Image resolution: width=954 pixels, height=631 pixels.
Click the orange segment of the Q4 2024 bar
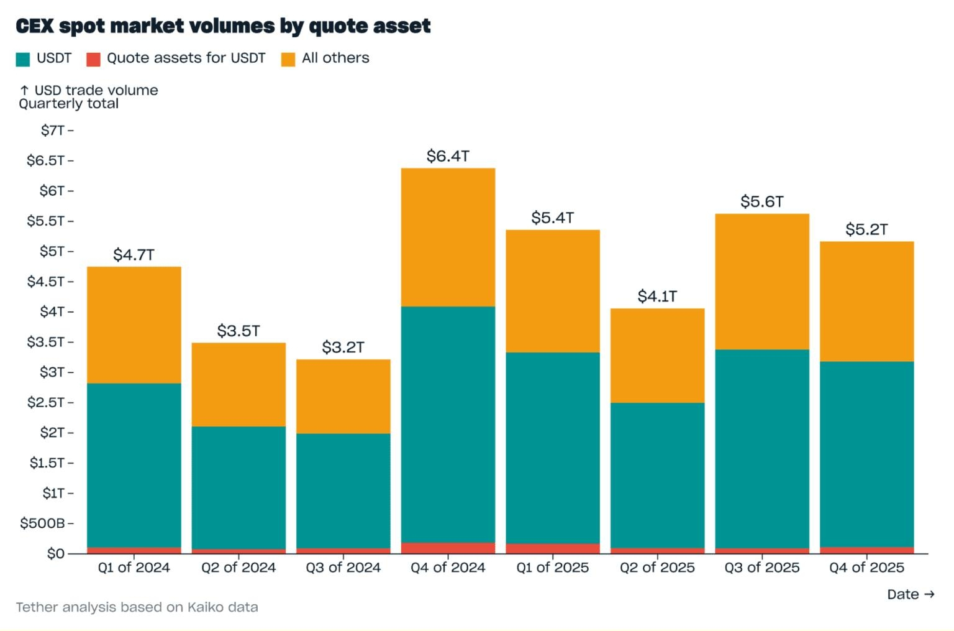tap(448, 237)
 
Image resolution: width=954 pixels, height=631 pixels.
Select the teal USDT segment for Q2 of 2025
tap(657, 475)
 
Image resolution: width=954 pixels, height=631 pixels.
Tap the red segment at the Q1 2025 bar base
tap(553, 548)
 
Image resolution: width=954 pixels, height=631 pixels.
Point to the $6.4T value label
tap(448, 156)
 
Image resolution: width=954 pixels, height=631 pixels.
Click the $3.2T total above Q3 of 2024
tap(343, 347)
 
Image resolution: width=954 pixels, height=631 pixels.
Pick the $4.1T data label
tap(657, 296)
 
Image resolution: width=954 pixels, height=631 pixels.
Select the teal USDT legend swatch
tap(23, 59)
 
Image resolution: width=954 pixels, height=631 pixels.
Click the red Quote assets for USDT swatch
tap(93, 59)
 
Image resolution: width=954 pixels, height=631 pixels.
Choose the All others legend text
tap(335, 58)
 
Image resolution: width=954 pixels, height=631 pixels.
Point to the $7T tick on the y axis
tap(53, 130)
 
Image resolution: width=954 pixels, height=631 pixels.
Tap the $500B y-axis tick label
tap(42, 523)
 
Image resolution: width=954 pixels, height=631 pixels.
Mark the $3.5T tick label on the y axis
tap(45, 341)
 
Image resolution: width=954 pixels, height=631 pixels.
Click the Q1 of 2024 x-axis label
tap(134, 567)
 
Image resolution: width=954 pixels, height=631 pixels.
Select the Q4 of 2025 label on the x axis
tap(866, 567)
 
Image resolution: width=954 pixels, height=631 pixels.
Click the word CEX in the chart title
tap(35, 25)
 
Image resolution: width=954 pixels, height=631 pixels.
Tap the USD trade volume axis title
tap(96, 90)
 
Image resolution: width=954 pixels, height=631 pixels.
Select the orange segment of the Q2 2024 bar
tap(238, 384)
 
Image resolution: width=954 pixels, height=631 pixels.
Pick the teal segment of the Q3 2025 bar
tap(762, 448)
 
